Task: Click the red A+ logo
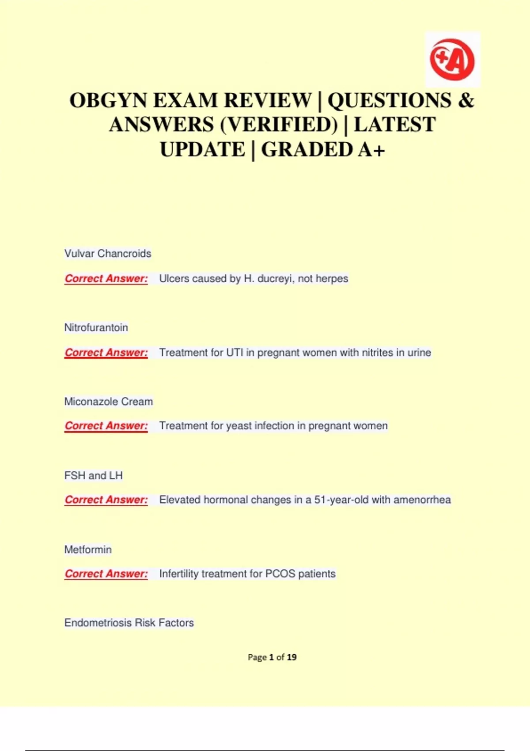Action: point(452,60)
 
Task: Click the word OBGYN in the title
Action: point(108,100)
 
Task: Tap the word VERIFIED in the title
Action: point(278,125)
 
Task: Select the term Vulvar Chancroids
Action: point(108,254)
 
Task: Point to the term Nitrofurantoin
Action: point(96,328)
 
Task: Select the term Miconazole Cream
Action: point(109,402)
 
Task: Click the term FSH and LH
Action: point(94,476)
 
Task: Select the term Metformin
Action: point(88,550)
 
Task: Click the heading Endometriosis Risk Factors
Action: point(129,623)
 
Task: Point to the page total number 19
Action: point(291,657)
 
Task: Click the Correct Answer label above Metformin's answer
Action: point(106,574)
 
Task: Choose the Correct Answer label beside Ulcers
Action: point(106,279)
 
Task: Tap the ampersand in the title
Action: point(466,100)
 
